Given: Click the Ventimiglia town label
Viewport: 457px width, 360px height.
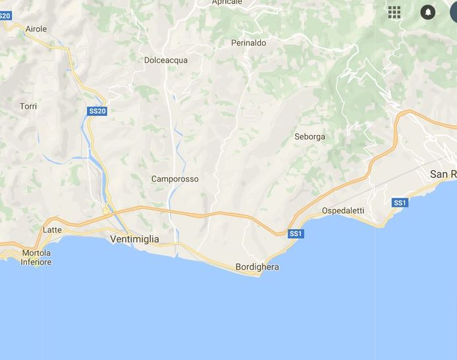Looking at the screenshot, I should [134, 239].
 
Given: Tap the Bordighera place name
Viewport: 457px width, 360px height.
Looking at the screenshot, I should [257, 267].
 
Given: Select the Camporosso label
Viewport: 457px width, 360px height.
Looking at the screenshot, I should [175, 179].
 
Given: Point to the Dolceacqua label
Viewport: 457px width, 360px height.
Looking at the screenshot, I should [166, 60].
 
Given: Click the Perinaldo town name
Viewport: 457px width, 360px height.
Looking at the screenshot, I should [248, 43].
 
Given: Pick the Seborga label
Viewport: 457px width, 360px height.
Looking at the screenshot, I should [309, 137].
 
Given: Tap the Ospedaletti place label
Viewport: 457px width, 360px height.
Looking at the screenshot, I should [342, 211].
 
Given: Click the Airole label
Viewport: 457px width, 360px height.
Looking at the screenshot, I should [36, 29].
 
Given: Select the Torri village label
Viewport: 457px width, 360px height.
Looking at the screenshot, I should [28, 106].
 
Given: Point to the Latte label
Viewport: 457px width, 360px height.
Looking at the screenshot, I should [52, 230].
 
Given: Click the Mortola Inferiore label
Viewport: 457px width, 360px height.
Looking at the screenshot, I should [36, 257].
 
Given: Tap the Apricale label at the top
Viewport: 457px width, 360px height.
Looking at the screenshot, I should [227, 3].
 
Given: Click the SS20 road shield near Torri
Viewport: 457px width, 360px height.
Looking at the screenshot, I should [97, 111].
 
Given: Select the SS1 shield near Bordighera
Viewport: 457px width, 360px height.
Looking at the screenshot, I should [296, 234].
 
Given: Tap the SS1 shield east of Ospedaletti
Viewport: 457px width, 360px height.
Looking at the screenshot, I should [400, 203].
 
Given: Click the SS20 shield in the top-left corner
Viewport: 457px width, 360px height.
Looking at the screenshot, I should [5, 15].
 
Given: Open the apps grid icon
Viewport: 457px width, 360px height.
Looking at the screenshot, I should [394, 12].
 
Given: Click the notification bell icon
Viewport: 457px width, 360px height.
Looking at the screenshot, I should [428, 12].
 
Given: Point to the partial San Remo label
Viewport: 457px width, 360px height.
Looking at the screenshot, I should [443, 174].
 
